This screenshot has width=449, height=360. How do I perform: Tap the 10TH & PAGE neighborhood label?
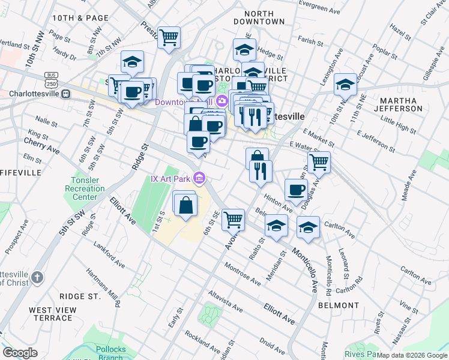click(x=80, y=19)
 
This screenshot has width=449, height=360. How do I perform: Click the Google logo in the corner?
click(x=20, y=352)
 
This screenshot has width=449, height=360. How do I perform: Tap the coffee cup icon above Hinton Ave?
click(x=295, y=190)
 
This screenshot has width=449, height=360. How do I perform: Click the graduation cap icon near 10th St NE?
click(x=345, y=85)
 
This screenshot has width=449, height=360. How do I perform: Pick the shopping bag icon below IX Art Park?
click(x=185, y=205)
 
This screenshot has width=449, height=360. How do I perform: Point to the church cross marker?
click(x=37, y=277)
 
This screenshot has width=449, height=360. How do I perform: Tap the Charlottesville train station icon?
click(x=67, y=94)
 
